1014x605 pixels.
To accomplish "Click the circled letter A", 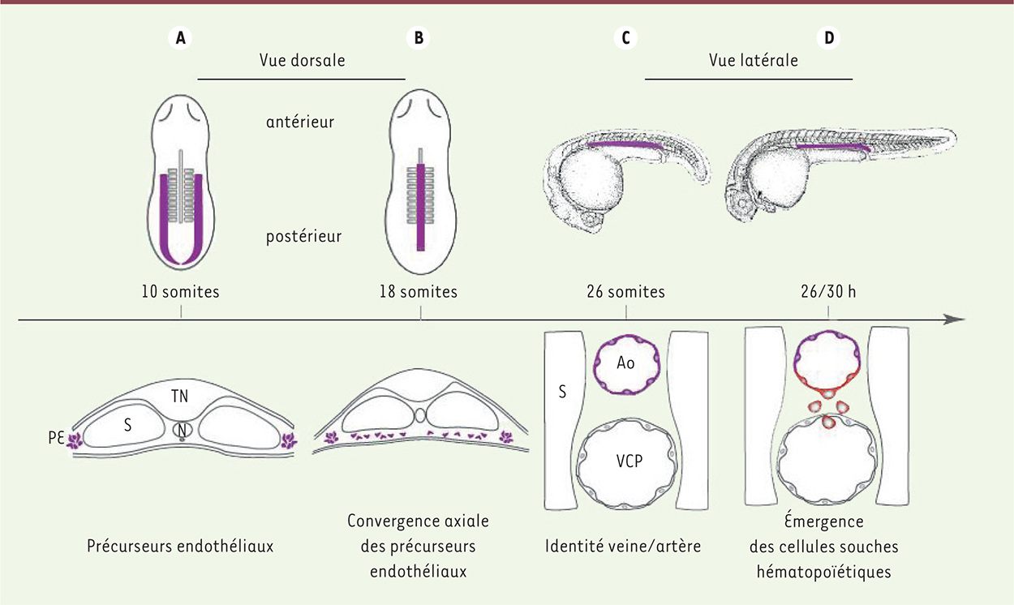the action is tap(180, 38).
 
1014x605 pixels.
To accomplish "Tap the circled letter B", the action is tap(419, 38).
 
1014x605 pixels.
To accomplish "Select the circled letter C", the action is tap(625, 38).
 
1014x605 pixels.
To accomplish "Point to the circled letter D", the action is tap(828, 38).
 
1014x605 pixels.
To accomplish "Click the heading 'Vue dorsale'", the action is tap(302, 60).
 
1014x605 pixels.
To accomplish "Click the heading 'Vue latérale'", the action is tap(754, 60).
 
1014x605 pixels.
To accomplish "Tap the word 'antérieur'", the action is tap(300, 122).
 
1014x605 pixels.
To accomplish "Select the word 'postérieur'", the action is tap(303, 237).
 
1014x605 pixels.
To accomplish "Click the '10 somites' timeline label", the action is tap(180, 292).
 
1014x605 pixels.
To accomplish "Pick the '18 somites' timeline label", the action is tap(419, 292).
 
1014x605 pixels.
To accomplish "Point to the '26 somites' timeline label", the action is tap(625, 292).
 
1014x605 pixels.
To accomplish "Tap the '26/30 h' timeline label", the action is tap(828, 292).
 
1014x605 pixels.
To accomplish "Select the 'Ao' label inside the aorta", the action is tap(625, 363).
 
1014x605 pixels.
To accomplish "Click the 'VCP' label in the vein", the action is tap(629, 461).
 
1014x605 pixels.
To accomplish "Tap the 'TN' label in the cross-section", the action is tap(180, 397).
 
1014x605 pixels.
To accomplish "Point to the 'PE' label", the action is tap(56, 438).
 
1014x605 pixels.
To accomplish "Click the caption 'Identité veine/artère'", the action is tap(623, 546).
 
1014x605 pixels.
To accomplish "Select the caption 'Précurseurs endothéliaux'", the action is tap(180, 546).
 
